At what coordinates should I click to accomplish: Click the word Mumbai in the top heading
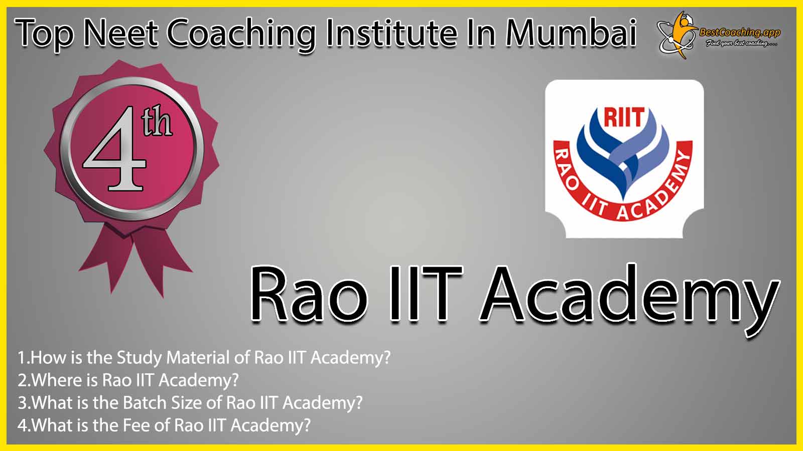pos(571,33)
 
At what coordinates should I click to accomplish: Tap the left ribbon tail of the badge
pos(106,258)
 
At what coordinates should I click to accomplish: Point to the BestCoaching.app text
pos(740,33)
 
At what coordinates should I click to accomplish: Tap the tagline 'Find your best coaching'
pos(741,44)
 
